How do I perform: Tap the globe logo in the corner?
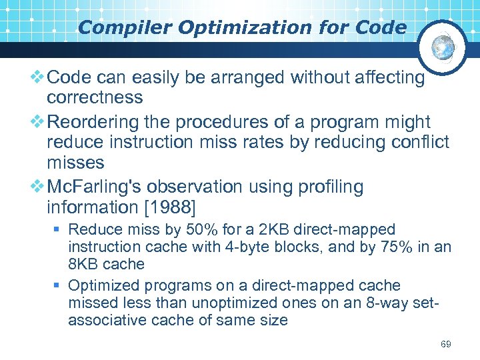click(x=443, y=46)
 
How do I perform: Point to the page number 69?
click(x=446, y=344)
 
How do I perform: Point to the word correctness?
click(x=95, y=97)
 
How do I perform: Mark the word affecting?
click(x=384, y=78)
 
